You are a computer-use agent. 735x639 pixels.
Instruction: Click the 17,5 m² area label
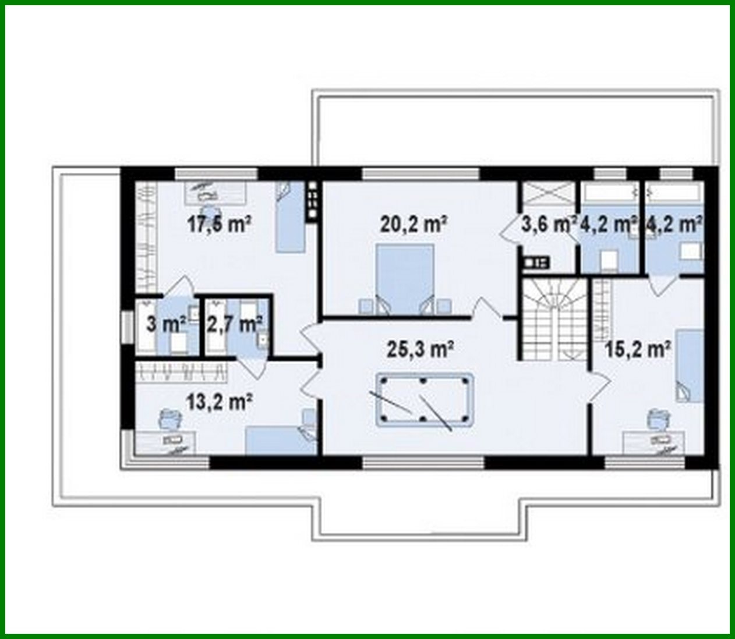219,224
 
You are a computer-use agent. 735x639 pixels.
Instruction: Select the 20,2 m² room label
414,224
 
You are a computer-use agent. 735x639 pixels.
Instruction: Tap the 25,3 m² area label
420,349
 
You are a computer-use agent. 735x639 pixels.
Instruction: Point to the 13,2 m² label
219,401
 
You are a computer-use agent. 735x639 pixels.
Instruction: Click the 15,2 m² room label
638,349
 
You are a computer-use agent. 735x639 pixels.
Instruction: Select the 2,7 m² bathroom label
234,324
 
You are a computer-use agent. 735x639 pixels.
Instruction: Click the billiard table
425,401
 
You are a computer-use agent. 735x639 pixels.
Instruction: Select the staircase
553,320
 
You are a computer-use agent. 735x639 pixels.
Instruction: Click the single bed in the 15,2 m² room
689,365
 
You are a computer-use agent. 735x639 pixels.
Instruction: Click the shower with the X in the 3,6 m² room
547,191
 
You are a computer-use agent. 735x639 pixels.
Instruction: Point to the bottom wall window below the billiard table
423,463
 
